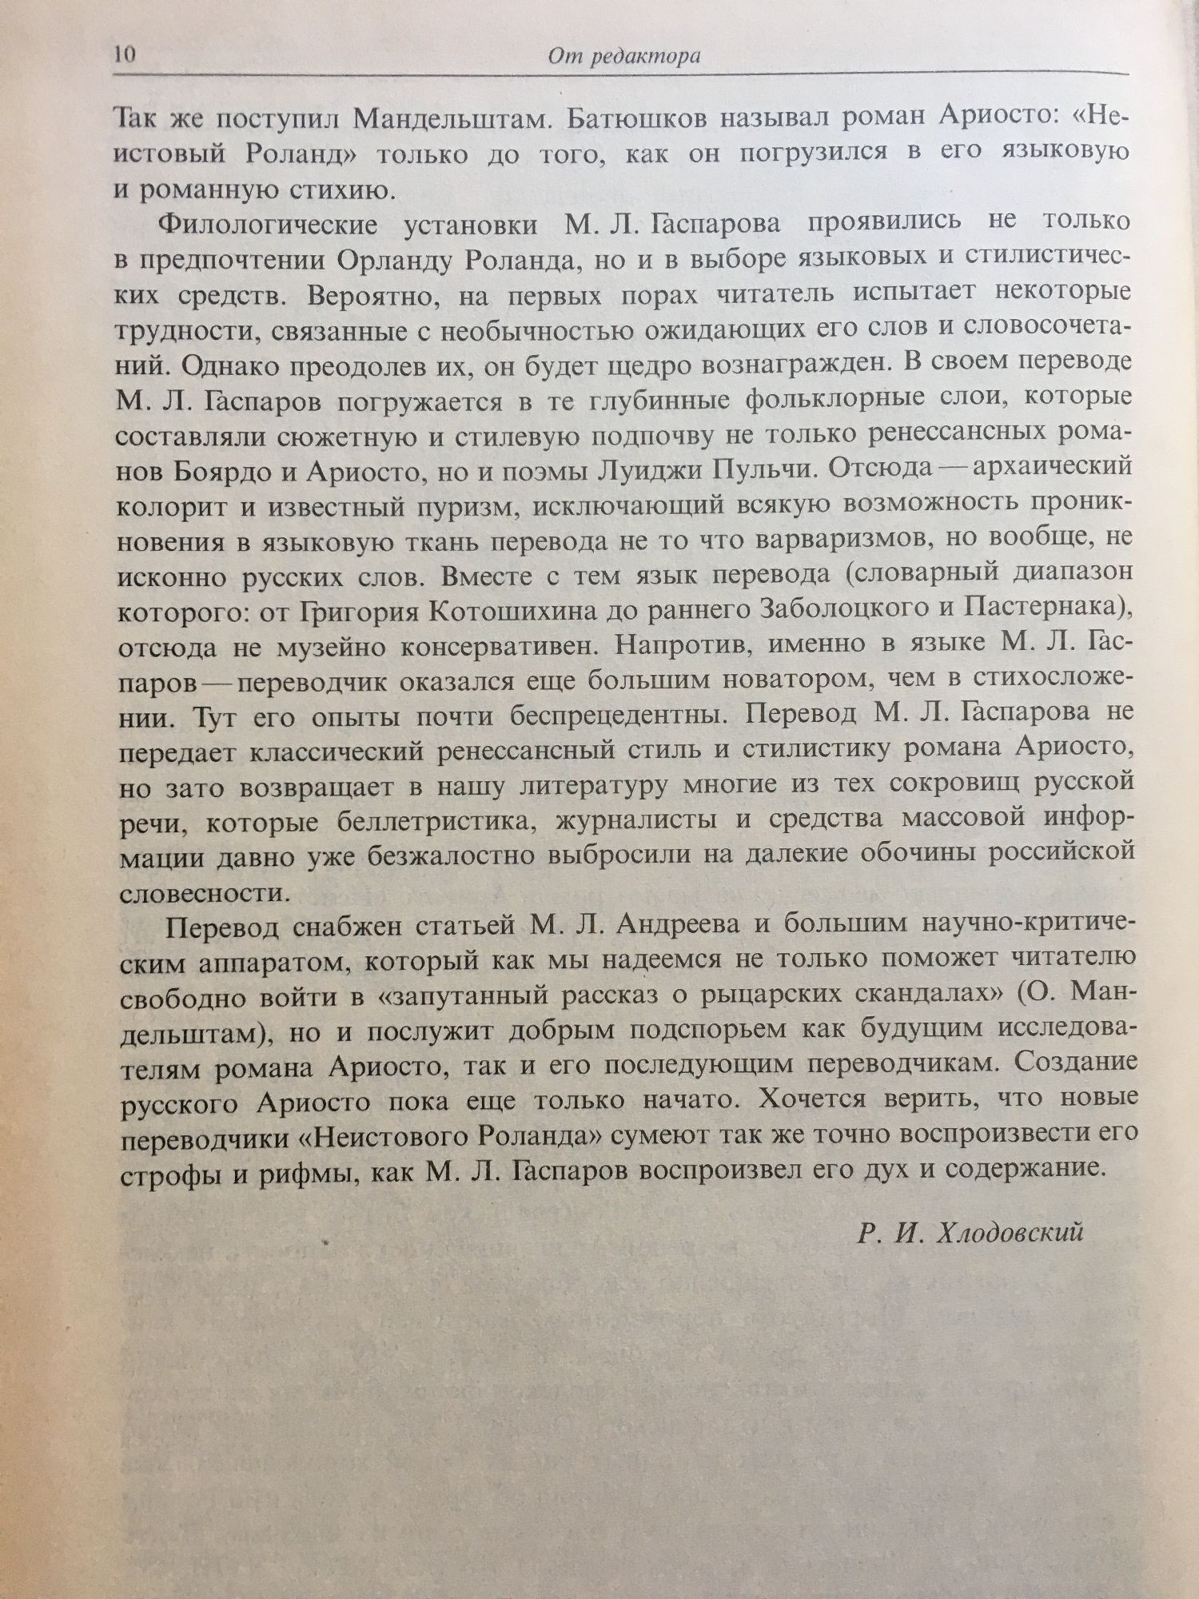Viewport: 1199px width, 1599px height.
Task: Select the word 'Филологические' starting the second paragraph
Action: point(268,225)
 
